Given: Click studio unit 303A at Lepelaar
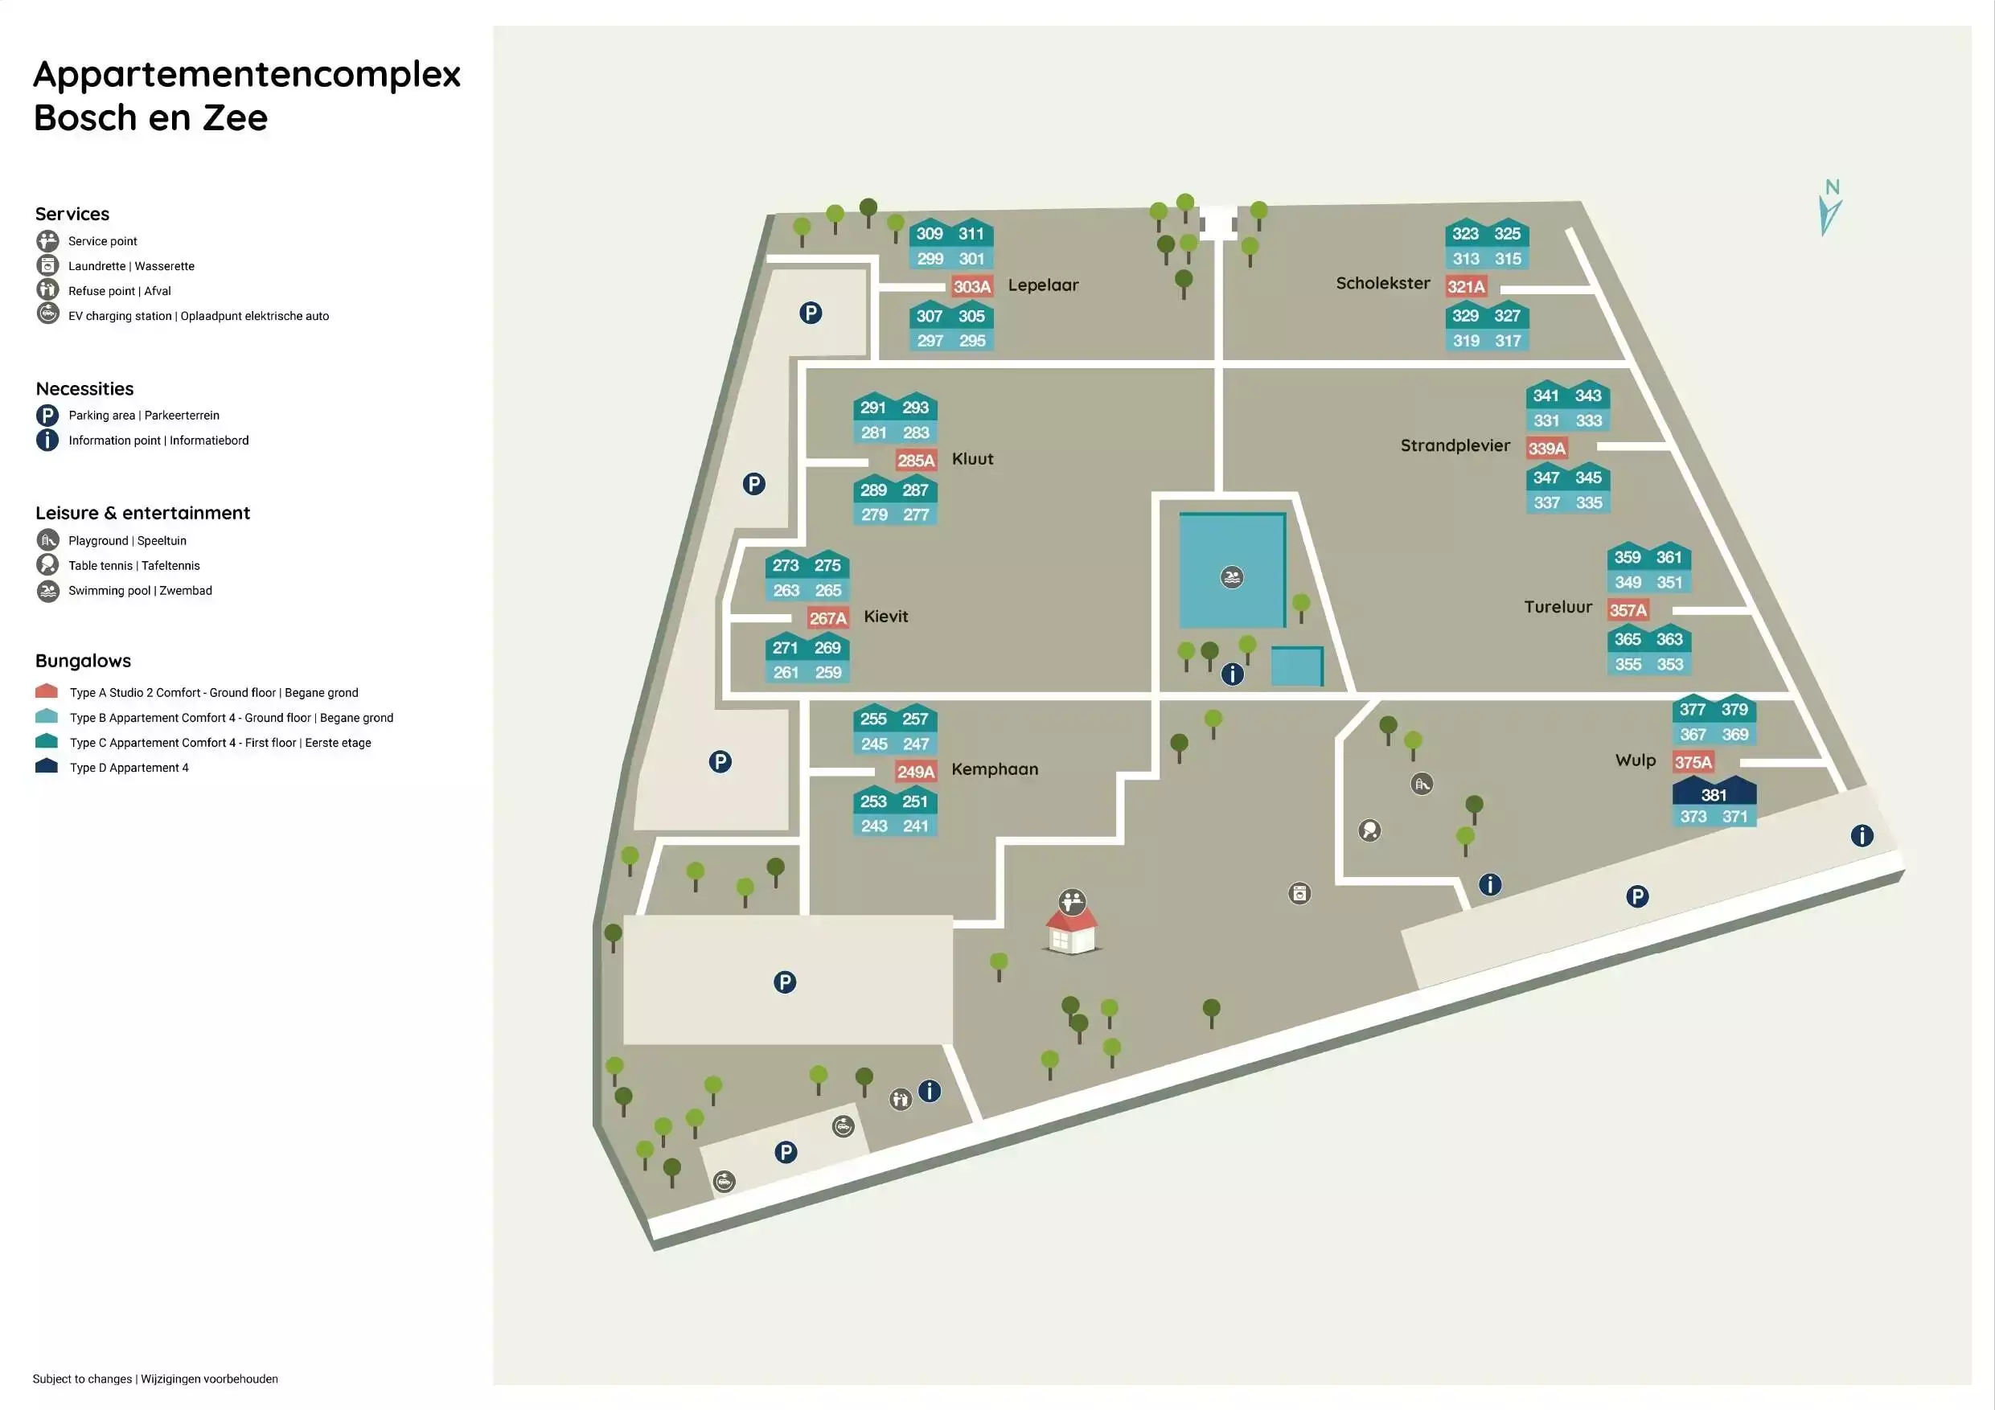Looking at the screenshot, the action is click(972, 287).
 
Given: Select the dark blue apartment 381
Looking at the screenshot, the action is click(1714, 793).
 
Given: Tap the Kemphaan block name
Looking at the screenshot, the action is click(995, 769).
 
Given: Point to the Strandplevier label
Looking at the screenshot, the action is click(1455, 445).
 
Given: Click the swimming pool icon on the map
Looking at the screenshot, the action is click(1231, 577).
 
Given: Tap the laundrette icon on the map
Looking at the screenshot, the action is click(1299, 893).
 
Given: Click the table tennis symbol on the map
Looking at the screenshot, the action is click(1369, 830).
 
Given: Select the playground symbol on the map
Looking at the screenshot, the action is click(1422, 785).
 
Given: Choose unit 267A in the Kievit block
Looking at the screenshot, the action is click(827, 617).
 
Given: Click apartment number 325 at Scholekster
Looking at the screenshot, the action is click(1508, 234).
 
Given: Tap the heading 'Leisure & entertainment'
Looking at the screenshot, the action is click(142, 514).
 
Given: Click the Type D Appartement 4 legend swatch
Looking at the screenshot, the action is click(46, 765).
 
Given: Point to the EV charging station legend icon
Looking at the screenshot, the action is click(47, 314).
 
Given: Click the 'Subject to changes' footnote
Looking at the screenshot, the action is click(155, 1379).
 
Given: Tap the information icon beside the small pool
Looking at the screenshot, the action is click(1232, 674).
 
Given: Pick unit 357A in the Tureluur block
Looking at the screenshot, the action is click(1628, 610).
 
